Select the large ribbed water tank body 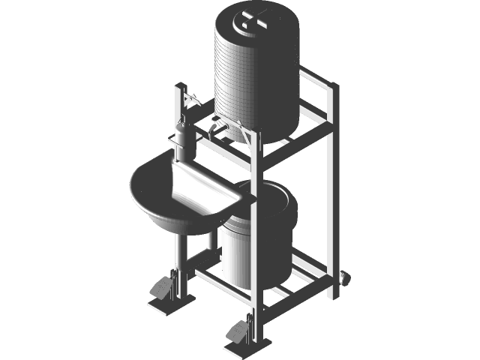pos(255,82)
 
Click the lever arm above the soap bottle pos(189,97)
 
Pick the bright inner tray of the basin pos(199,187)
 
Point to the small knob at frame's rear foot pos(346,277)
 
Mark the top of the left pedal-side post pos(179,89)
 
